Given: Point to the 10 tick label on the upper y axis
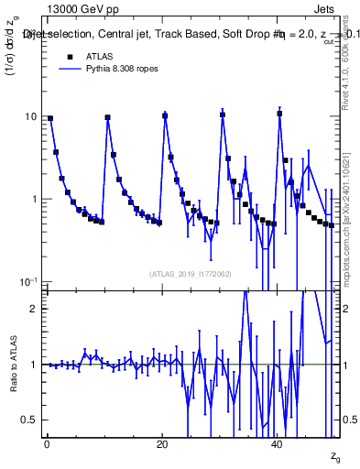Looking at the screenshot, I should (x=30, y=117).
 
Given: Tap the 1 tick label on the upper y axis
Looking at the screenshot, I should (x=34, y=200).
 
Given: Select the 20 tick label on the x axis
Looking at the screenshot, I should (x=162, y=444).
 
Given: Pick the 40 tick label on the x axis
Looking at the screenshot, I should (x=278, y=444).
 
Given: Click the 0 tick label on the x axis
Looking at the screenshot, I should (x=46, y=444).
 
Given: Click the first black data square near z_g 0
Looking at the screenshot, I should (x=50, y=118).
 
